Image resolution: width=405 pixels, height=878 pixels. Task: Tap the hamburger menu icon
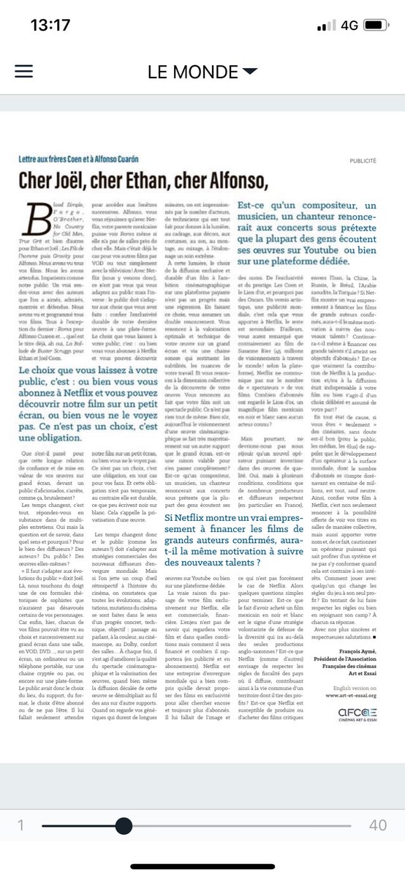(24, 71)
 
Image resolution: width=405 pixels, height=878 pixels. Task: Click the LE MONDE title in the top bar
(192, 72)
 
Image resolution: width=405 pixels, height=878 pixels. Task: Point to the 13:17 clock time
(50, 25)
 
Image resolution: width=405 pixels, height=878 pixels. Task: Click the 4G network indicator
(349, 25)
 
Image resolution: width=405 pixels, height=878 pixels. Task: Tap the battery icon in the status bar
(379, 25)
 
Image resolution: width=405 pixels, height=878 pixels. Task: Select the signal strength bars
(325, 25)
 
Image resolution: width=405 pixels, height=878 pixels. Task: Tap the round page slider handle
(124, 825)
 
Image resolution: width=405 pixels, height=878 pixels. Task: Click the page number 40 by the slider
(378, 825)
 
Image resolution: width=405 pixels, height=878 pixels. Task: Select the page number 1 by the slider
(21, 825)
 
